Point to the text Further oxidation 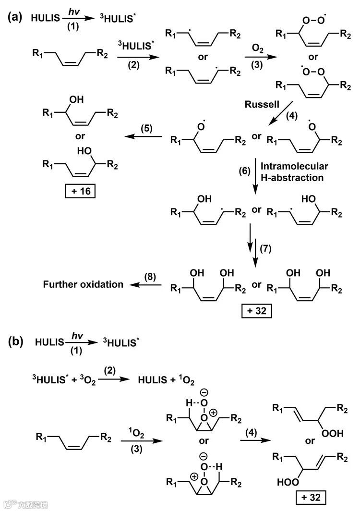83,284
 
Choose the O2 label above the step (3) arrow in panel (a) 257,49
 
